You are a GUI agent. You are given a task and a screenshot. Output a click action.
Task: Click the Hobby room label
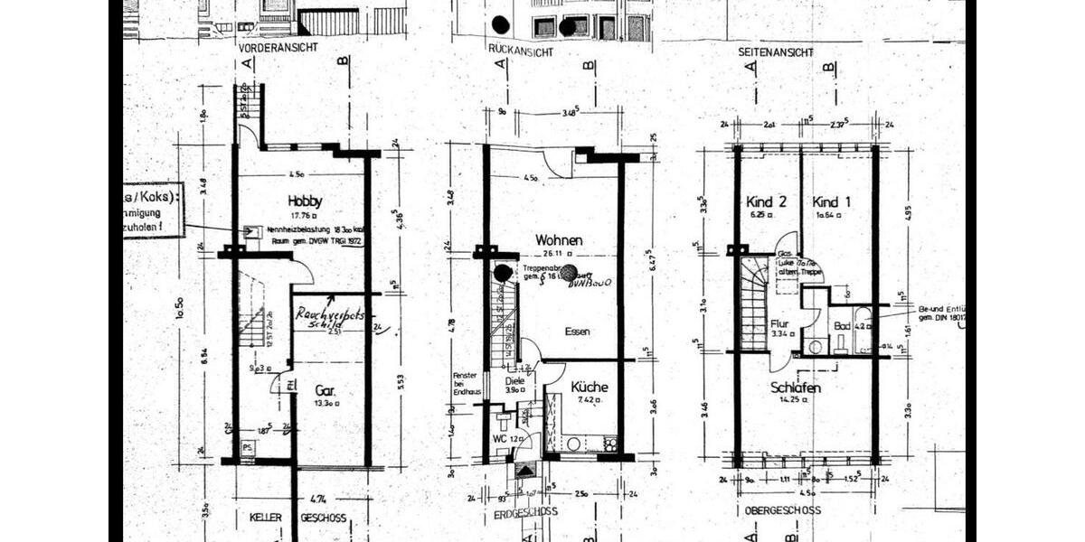pos(305,201)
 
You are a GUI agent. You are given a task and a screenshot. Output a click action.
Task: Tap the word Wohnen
pos(559,241)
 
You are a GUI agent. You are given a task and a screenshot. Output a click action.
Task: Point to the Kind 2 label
pos(764,201)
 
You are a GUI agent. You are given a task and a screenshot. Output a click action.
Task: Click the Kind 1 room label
pos(831,201)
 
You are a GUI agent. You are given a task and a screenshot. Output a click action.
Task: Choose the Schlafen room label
pos(796,387)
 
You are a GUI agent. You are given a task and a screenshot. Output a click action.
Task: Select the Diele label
pos(514,381)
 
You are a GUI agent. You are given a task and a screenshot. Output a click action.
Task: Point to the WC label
pos(499,439)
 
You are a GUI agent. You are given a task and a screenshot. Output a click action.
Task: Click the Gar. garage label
pos(325,391)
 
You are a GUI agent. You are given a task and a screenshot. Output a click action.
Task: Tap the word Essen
pos(577,332)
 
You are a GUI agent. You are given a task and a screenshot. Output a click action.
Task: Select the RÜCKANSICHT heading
pos(520,53)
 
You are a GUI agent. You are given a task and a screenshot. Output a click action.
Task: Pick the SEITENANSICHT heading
pos(775,52)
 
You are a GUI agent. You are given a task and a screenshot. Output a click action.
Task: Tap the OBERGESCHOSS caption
pos(782,510)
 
